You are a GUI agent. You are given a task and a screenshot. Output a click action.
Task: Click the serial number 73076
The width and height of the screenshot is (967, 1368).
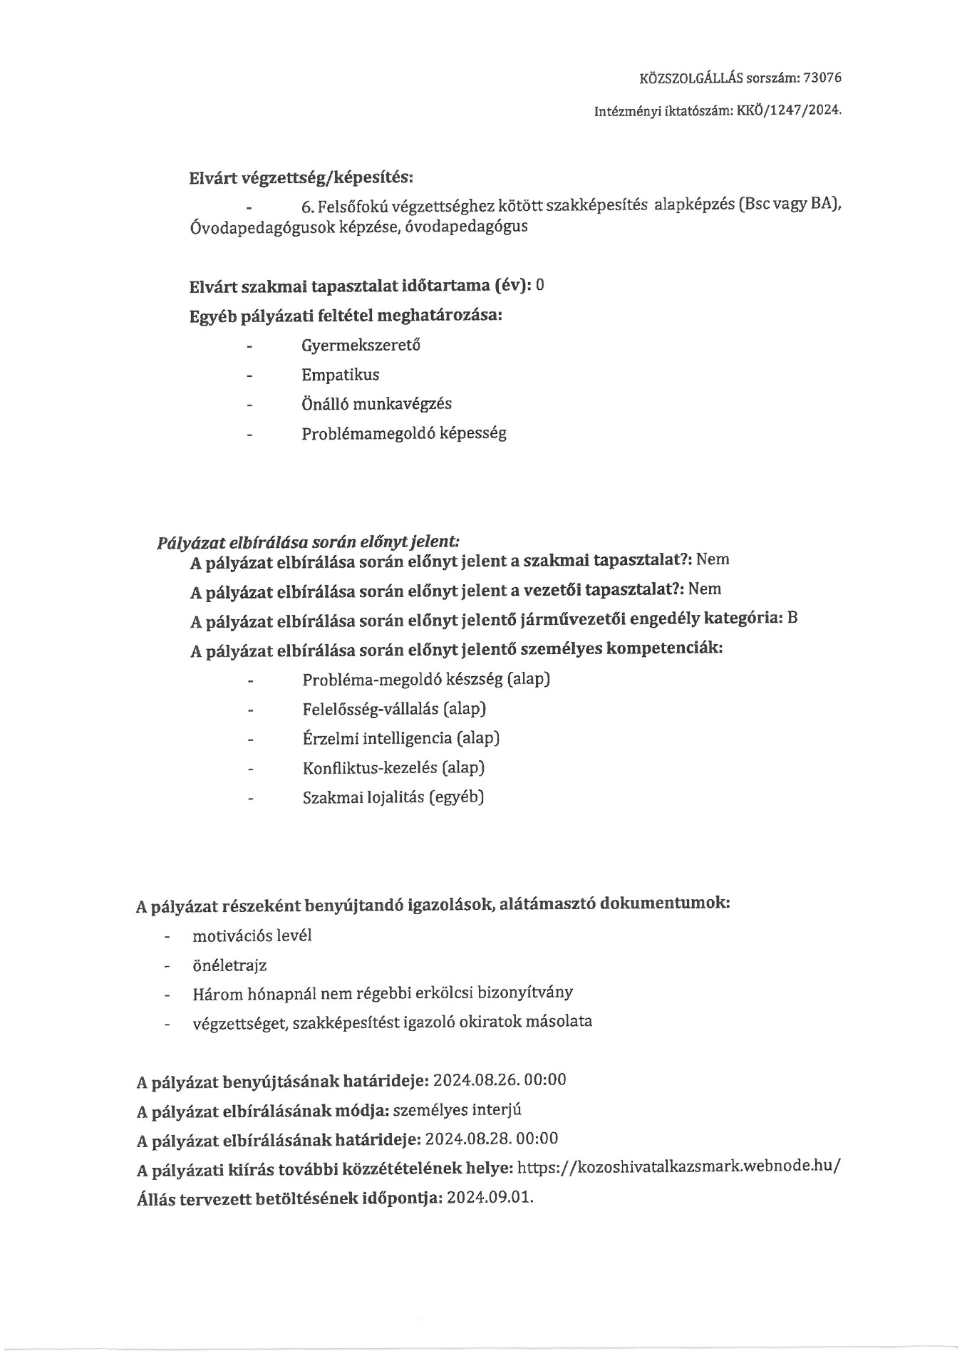pos(822,78)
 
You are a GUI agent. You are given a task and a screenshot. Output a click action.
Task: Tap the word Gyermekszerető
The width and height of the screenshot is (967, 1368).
pos(361,346)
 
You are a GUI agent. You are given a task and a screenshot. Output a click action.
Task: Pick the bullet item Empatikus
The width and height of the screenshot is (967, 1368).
pos(340,375)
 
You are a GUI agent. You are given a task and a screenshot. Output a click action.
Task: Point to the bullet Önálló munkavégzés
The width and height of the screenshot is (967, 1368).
pos(376,404)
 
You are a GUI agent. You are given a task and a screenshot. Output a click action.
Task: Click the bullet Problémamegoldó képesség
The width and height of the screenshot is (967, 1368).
pos(403,433)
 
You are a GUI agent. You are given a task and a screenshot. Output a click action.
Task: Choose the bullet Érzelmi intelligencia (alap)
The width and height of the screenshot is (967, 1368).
pos(400,738)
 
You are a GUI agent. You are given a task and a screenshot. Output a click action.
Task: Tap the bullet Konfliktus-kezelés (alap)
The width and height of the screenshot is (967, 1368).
pos(393,768)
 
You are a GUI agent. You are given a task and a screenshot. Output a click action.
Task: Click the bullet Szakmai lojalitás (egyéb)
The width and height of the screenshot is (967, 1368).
pos(393,797)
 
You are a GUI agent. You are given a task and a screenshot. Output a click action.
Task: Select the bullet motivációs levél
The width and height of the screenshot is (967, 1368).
pos(252,936)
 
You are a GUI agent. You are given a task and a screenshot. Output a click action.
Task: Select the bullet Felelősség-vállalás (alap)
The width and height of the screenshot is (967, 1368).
pos(394,709)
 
